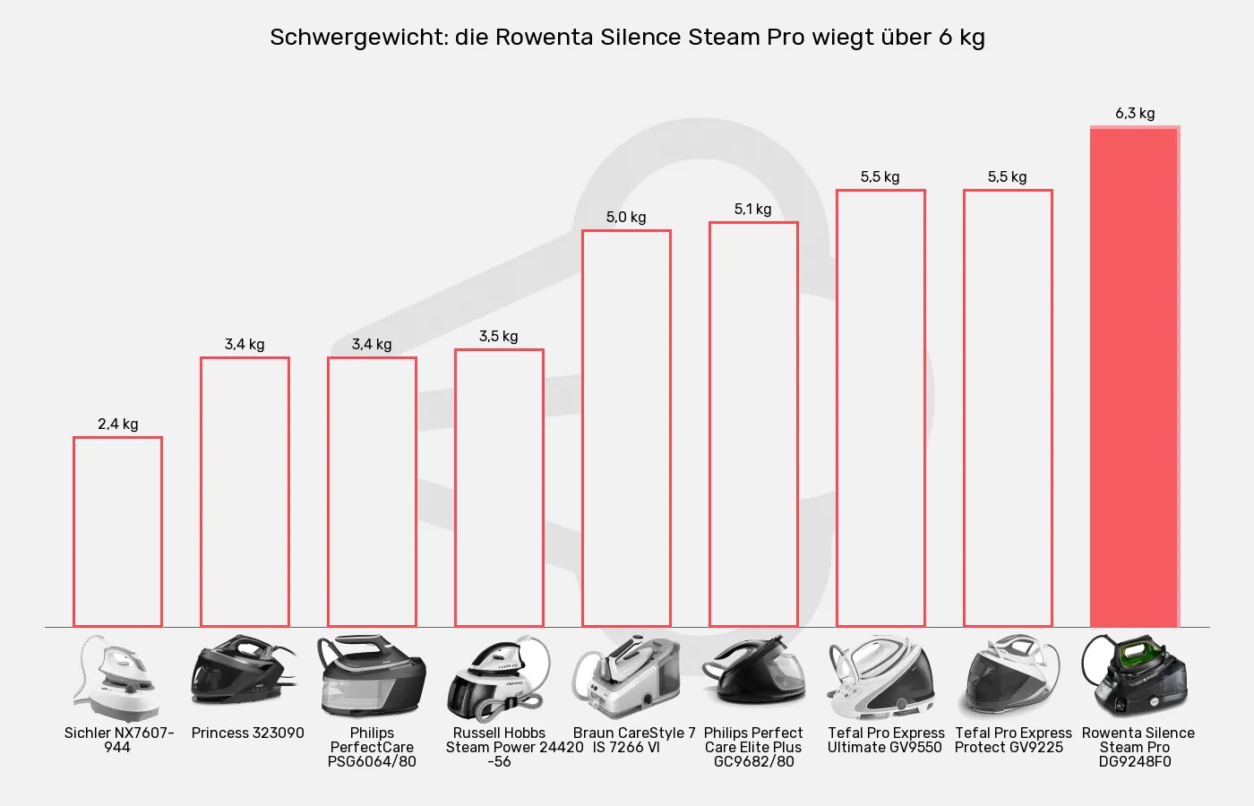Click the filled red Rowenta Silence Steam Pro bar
click(1134, 376)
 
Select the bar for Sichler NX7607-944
click(117, 532)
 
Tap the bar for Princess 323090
click(245, 492)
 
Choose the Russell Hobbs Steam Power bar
click(499, 488)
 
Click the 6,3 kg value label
click(1135, 114)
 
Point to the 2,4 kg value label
click(118, 424)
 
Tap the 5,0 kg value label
click(626, 218)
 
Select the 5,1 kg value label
click(753, 210)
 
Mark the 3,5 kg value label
click(499, 337)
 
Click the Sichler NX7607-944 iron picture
click(117, 678)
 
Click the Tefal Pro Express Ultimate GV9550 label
click(885, 740)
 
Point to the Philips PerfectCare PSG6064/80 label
click(372, 747)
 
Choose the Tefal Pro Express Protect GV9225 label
click(1012, 740)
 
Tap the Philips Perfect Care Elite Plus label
click(753, 747)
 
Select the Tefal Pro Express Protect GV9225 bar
click(1008, 407)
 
